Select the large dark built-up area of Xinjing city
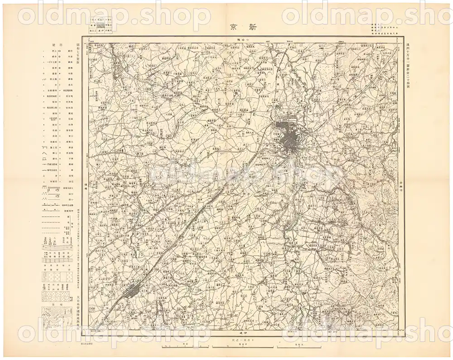(287, 138)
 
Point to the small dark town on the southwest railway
(133, 290)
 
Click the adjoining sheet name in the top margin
(245, 40)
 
